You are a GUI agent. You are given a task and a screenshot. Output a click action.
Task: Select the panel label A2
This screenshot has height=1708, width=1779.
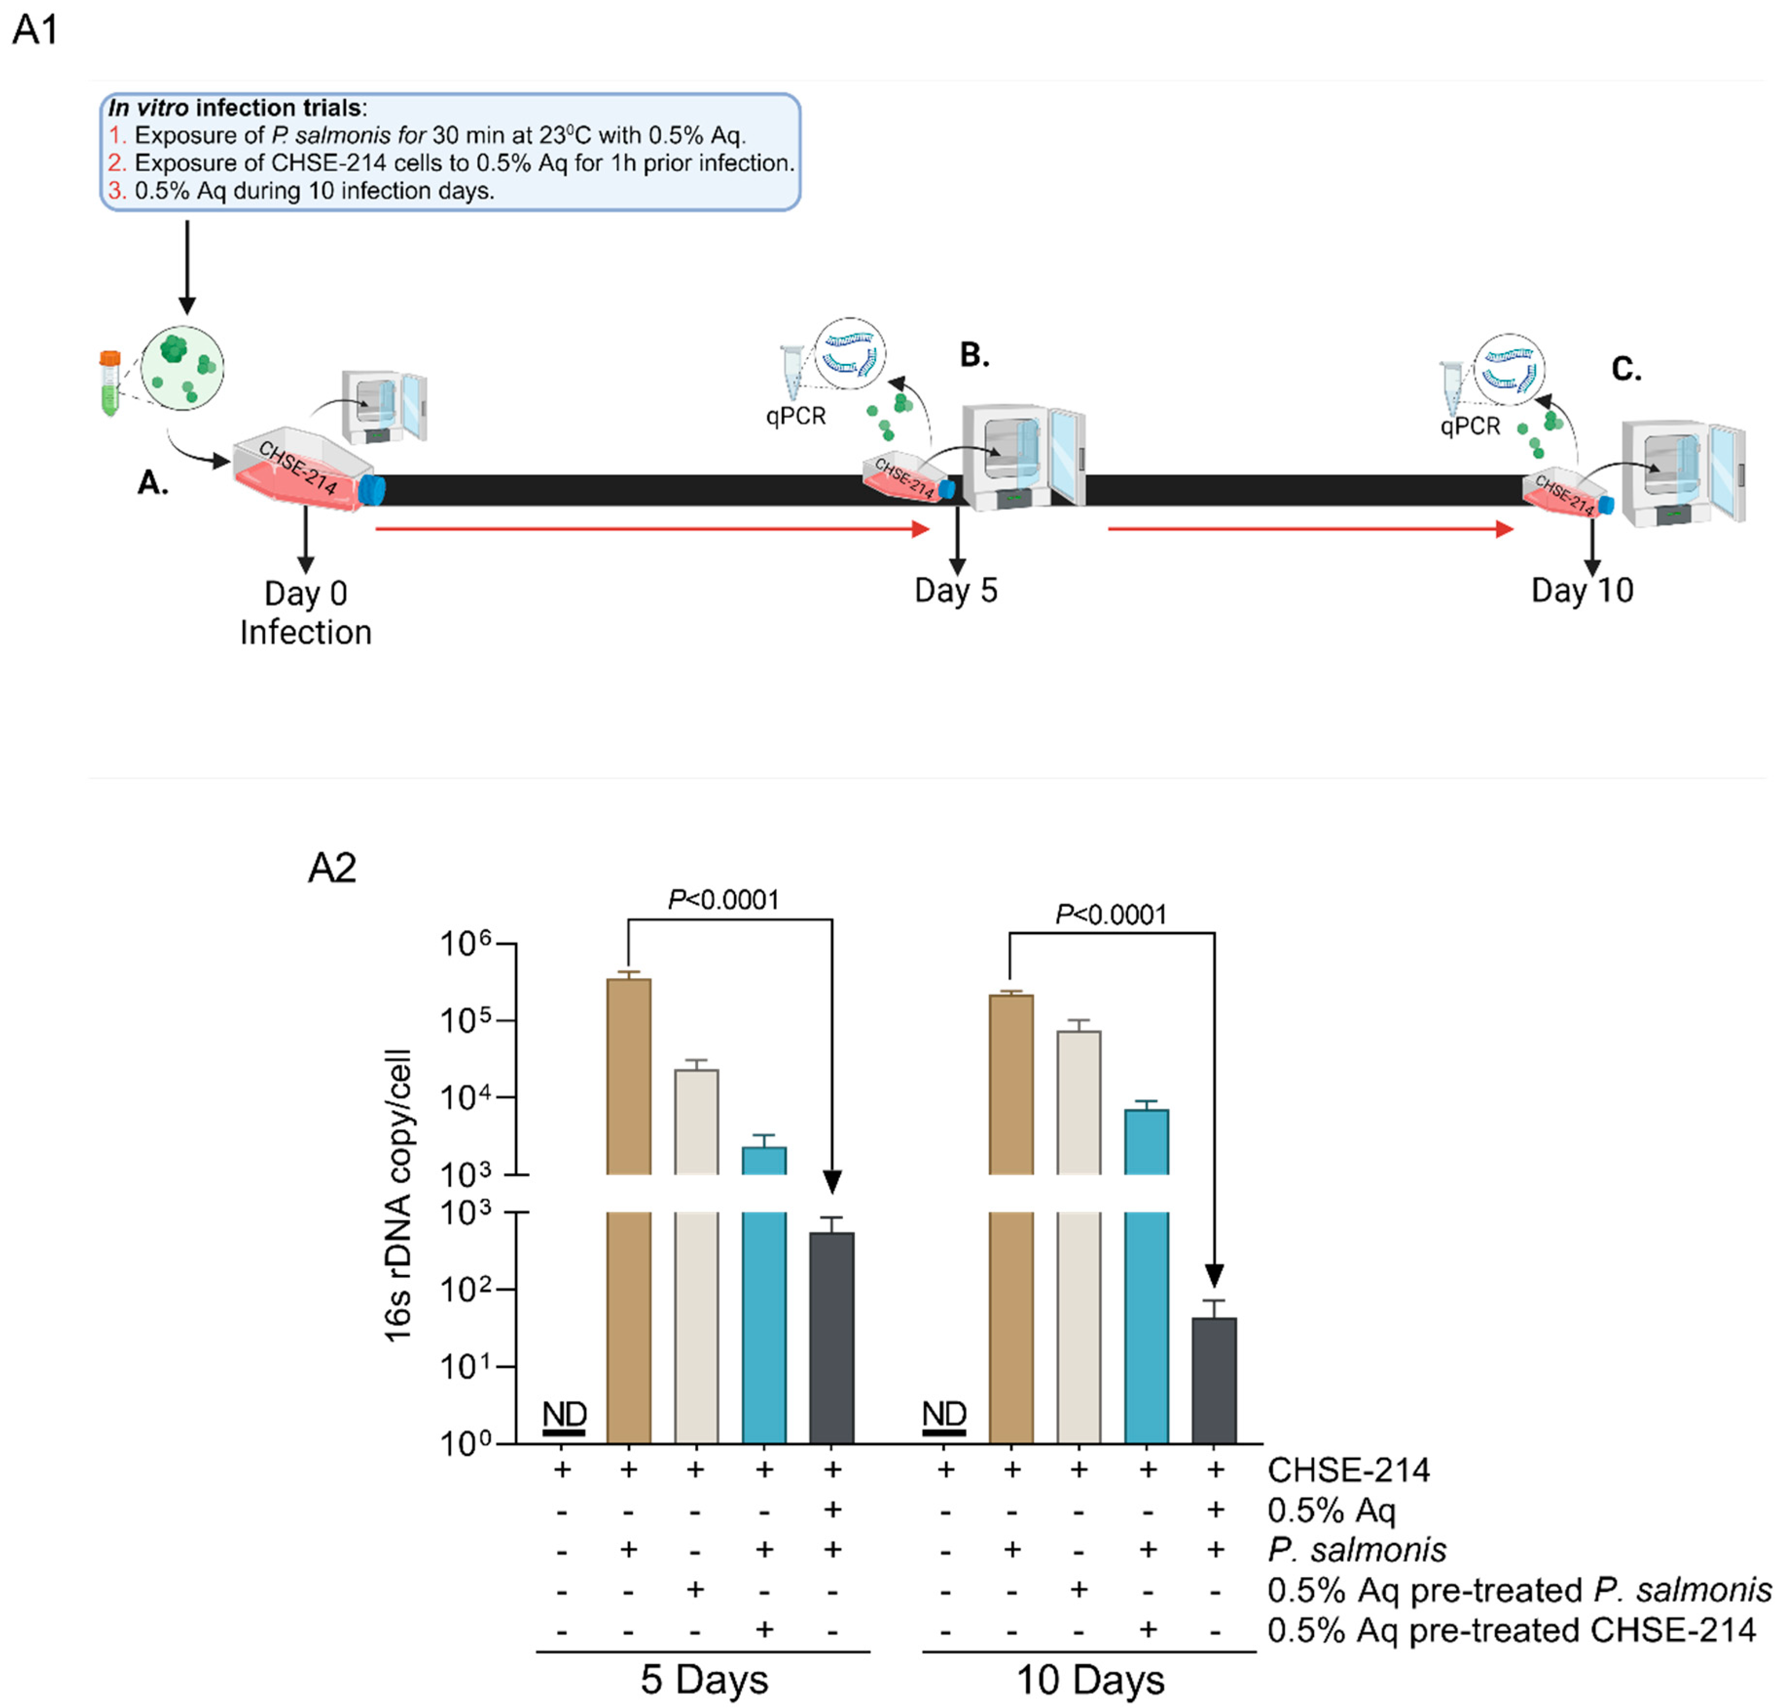click(x=331, y=867)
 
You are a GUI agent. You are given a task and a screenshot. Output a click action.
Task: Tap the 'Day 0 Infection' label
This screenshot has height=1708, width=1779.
click(x=306, y=612)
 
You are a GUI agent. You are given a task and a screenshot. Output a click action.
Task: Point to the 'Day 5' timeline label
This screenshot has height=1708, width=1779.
click(x=956, y=591)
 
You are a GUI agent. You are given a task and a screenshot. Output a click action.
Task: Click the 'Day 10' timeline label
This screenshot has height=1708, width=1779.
click(x=1582, y=591)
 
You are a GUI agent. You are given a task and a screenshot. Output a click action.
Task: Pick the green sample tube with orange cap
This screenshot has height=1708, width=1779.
click(x=110, y=383)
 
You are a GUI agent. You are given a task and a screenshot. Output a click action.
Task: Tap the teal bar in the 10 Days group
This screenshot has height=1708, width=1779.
click(x=1147, y=1271)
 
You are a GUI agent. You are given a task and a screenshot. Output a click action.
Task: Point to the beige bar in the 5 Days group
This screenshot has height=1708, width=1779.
click(x=696, y=1252)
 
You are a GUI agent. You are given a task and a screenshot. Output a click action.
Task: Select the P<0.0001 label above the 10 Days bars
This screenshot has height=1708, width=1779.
click(x=1111, y=914)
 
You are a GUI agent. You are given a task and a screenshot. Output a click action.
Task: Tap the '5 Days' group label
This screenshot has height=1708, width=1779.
click(x=704, y=1679)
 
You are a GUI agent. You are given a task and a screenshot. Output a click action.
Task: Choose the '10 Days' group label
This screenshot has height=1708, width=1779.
click(x=1090, y=1679)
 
